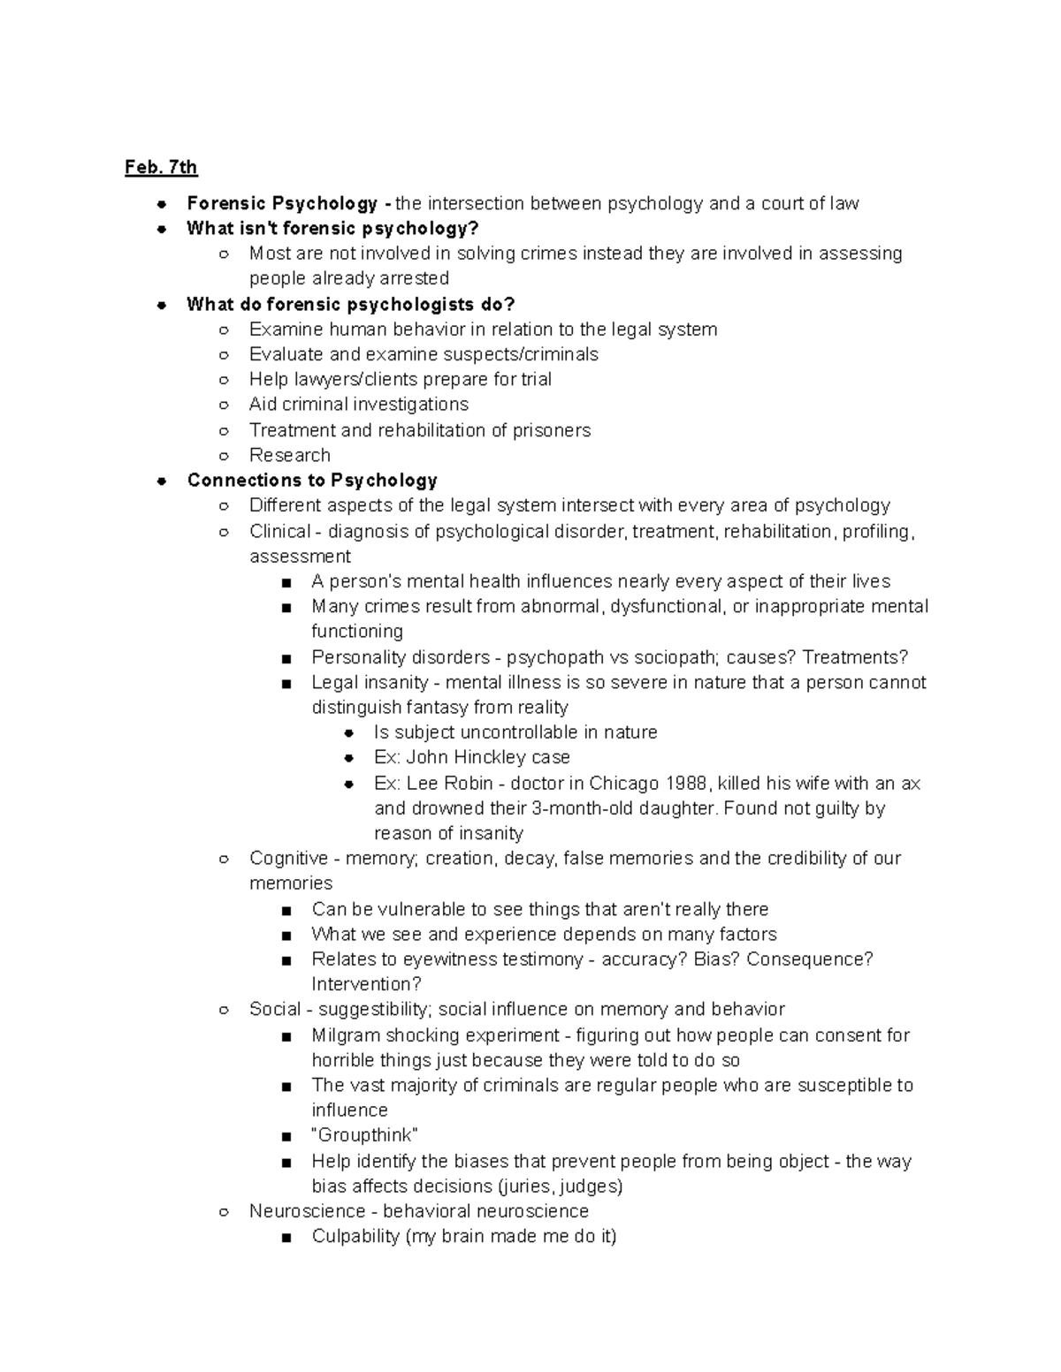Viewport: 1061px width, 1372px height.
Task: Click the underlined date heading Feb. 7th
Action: pyautogui.click(x=161, y=167)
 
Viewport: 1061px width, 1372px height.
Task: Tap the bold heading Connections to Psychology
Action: pyautogui.click(x=312, y=480)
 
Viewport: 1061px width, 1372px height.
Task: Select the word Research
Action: pyautogui.click(x=289, y=455)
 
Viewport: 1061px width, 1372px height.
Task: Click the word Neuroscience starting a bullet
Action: pyautogui.click(x=307, y=1210)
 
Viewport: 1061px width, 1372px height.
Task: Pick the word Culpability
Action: pyautogui.click(x=355, y=1236)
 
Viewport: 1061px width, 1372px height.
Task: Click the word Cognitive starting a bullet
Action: pyautogui.click(x=288, y=858)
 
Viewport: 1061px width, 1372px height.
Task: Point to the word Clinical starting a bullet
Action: pyautogui.click(x=279, y=531)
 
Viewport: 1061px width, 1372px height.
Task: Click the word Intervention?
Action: pyautogui.click(x=366, y=984)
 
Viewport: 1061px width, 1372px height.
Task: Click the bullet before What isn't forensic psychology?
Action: pyautogui.click(x=162, y=229)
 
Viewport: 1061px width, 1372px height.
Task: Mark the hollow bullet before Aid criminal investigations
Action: pyautogui.click(x=225, y=405)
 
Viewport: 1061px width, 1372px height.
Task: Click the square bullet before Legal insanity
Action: pyautogui.click(x=286, y=683)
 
